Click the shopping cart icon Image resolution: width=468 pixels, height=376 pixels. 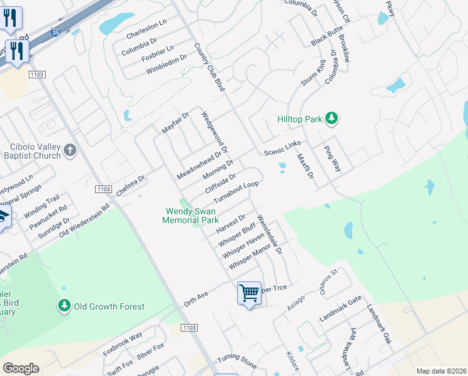tap(249, 292)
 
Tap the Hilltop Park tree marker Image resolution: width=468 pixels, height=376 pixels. tap(332, 118)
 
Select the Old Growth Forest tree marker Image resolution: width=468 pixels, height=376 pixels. tap(64, 306)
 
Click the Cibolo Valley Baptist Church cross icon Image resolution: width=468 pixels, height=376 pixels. tap(70, 150)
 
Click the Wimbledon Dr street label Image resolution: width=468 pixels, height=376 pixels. tap(166, 65)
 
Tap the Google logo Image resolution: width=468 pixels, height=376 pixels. tap(21, 368)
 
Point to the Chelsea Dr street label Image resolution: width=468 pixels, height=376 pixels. tap(131, 184)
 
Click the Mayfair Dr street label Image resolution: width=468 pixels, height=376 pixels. tap(175, 123)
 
